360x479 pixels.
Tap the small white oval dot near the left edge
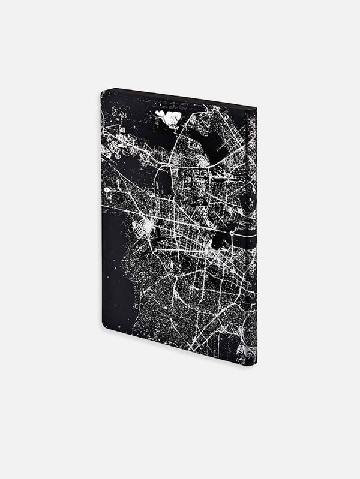point(107,190)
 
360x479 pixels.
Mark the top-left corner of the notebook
point(102,91)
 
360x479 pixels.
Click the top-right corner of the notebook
point(256,108)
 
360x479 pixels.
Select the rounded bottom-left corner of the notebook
point(104,327)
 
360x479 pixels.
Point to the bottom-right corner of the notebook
point(256,364)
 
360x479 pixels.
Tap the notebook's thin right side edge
point(256,240)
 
